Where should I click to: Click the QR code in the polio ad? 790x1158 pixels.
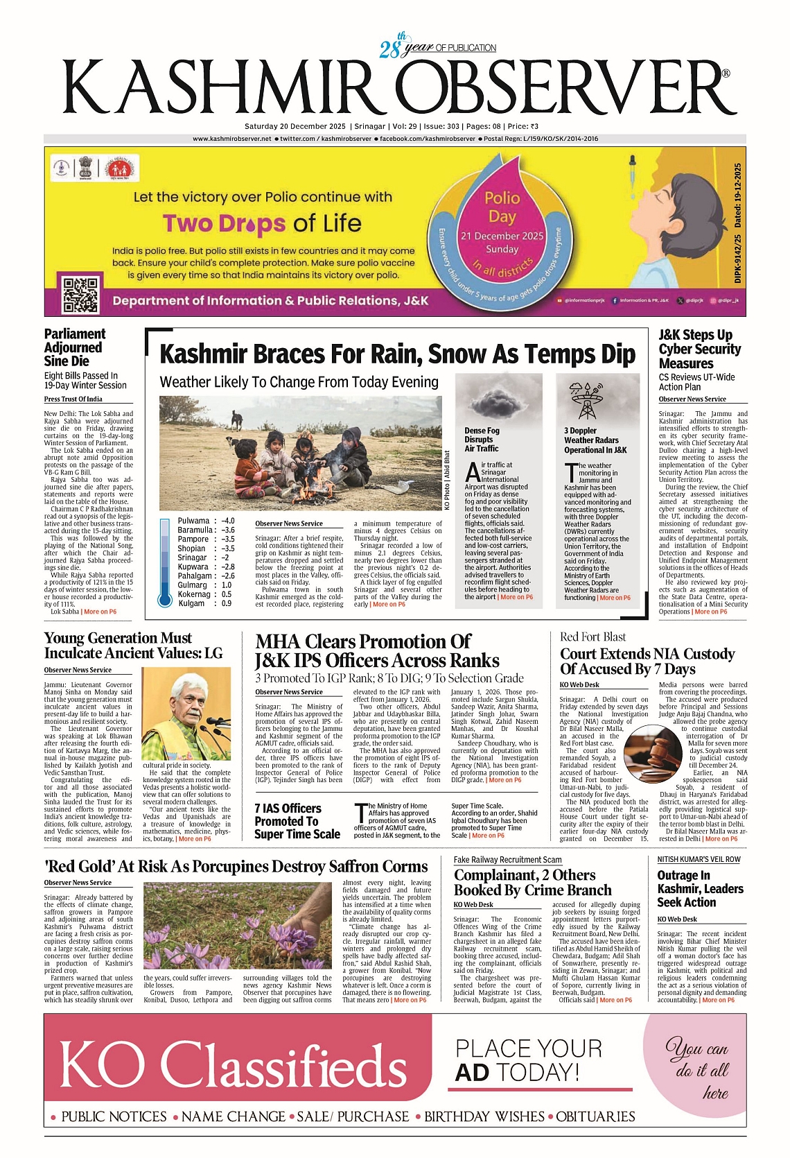(81, 294)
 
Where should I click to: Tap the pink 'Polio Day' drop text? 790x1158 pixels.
(502, 207)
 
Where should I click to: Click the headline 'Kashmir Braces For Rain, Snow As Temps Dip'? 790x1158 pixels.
(397, 354)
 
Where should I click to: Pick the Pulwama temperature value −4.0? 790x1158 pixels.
(228, 521)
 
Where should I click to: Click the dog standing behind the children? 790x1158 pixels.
(237, 418)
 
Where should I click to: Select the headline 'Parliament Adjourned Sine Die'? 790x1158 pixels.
(74, 347)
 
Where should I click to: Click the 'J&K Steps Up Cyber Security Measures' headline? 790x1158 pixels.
(699, 349)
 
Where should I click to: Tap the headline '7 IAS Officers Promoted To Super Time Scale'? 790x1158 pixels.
(297, 821)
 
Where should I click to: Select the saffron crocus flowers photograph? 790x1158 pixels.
(238, 925)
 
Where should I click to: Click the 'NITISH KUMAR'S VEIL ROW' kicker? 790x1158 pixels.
(699, 859)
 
